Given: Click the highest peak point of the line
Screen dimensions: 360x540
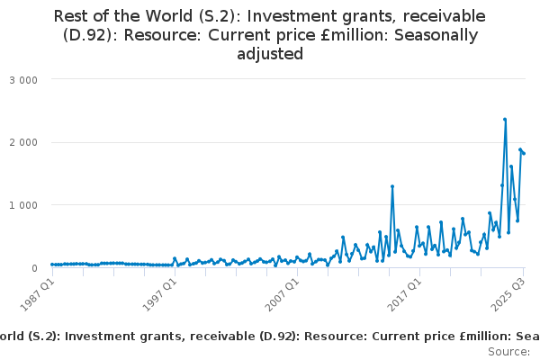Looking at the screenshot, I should (x=505, y=119).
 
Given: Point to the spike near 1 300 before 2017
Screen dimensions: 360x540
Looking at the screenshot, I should (x=392, y=186).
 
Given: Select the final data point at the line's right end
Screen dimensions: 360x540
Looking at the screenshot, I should (x=524, y=153).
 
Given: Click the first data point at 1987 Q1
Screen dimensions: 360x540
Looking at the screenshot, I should (x=52, y=265).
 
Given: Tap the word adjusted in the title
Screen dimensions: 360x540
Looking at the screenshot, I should (x=270, y=54).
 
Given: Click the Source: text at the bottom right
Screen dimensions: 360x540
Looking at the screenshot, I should (x=509, y=351).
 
